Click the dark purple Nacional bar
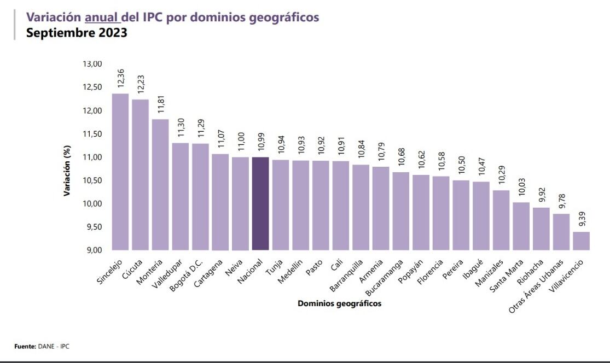coord(260,203)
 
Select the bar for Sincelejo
coord(120,172)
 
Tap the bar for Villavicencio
coord(581,241)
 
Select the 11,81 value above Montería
coord(160,104)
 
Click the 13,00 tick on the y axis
coord(92,64)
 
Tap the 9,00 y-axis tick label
coord(93,250)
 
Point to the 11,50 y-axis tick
coord(92,134)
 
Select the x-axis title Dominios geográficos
coord(339,303)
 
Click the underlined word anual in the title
coord(102,17)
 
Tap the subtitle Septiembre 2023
coord(77,32)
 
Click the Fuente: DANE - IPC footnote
coord(42,347)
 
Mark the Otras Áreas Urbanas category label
coord(536,286)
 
